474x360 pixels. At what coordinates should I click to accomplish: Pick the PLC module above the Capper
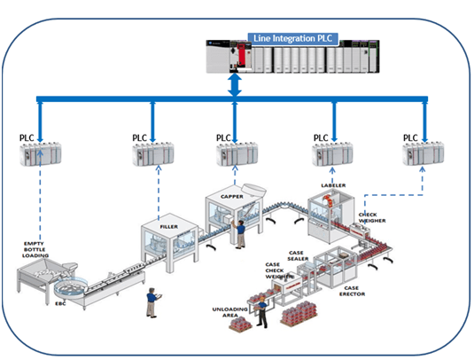point(237,155)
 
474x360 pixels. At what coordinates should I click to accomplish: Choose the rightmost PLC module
point(423,155)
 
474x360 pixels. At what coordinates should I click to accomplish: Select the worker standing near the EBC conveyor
point(152,301)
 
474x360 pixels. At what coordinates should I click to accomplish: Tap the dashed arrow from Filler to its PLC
point(153,195)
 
